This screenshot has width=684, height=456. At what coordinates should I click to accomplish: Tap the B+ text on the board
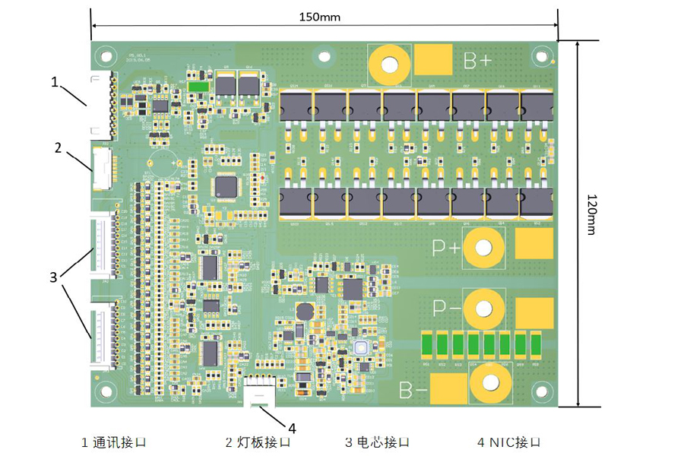(x=477, y=62)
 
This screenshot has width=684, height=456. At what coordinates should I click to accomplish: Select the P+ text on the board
(x=447, y=248)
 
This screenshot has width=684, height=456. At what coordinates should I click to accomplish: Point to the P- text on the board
(x=447, y=309)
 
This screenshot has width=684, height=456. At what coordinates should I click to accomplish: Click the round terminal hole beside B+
(x=390, y=65)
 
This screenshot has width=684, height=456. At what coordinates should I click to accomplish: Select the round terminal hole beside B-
(x=489, y=385)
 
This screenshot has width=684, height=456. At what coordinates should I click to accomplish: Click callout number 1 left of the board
(x=55, y=81)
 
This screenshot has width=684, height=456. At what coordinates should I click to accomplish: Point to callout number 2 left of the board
(x=57, y=146)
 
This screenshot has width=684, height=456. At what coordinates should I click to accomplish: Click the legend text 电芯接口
(x=384, y=442)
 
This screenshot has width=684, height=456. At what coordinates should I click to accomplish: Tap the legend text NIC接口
(x=514, y=442)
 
